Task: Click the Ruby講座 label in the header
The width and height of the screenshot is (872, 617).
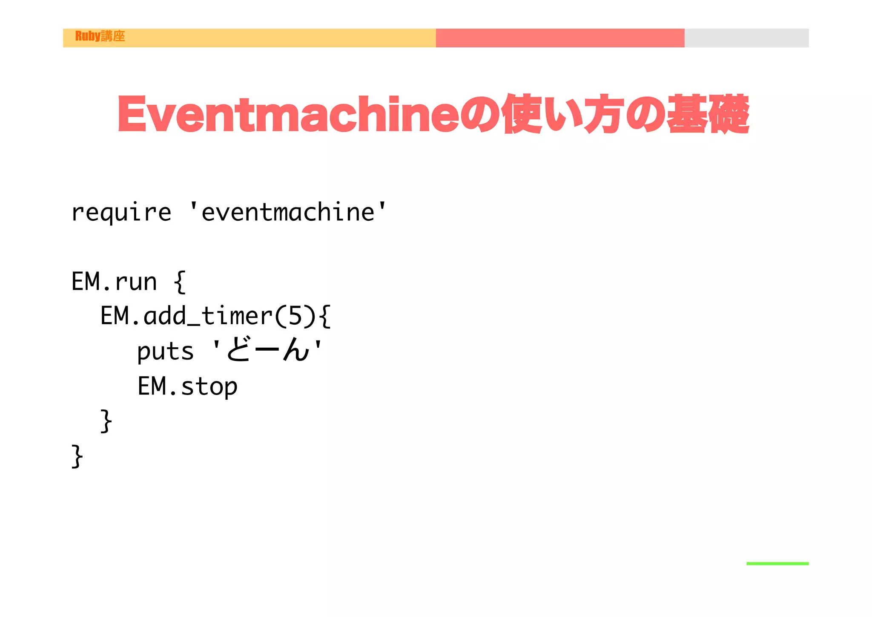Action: coord(100,36)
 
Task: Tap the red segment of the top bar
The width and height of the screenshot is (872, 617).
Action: coord(560,38)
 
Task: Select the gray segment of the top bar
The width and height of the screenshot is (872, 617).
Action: coord(746,38)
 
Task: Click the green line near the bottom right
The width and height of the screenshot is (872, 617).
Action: coord(777,563)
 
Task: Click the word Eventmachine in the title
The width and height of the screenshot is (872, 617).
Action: coord(288,114)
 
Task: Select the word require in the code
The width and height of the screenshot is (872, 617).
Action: coord(121,212)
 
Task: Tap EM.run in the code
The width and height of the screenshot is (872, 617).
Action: coord(114,282)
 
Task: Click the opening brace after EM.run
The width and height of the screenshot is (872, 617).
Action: coord(180,282)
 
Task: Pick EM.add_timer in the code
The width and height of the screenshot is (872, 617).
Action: coord(186,316)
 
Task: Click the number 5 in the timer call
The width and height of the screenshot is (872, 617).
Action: coord(295,316)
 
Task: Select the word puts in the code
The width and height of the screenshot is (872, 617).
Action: coord(165,352)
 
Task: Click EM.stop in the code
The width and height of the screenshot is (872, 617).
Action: coord(187,386)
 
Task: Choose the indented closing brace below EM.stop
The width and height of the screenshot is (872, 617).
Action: coord(106,421)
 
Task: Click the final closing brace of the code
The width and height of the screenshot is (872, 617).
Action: coord(77,456)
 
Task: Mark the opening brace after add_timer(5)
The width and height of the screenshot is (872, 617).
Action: coord(324,316)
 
